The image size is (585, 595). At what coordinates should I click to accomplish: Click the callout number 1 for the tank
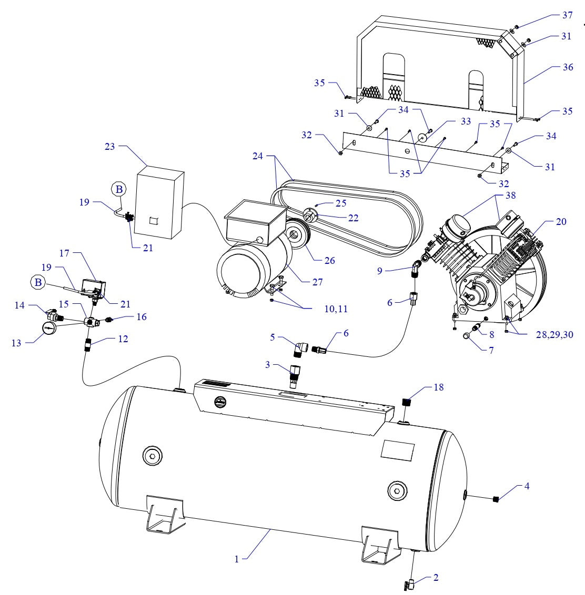(237, 559)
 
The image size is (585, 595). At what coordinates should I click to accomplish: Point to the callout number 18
(438, 387)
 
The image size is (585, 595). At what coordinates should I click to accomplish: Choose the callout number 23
(109, 147)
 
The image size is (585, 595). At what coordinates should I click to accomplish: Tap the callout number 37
(567, 15)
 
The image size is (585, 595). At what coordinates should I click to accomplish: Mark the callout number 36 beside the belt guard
(567, 68)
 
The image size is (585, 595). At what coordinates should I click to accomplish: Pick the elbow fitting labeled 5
(302, 348)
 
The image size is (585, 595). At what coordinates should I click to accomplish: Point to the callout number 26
(330, 260)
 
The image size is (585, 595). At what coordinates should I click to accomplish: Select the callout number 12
(123, 339)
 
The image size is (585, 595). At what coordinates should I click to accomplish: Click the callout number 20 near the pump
(561, 222)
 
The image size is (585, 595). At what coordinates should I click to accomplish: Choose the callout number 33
(465, 121)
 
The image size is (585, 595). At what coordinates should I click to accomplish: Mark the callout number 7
(491, 350)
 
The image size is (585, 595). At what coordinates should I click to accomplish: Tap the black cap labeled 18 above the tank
(406, 403)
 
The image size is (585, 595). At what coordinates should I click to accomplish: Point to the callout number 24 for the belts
(256, 156)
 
